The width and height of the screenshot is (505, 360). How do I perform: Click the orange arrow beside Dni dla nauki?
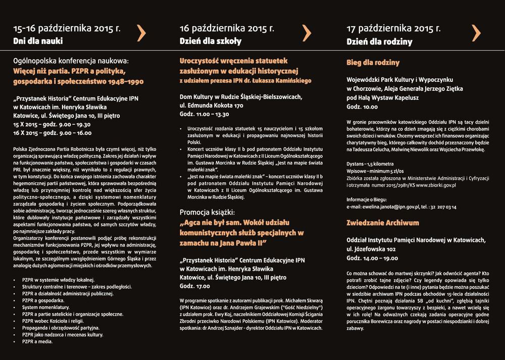141,32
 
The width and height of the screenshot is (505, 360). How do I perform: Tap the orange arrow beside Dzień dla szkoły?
307,32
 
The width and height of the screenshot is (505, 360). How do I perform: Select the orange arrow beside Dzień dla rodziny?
476,32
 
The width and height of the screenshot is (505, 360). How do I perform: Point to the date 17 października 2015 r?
394,28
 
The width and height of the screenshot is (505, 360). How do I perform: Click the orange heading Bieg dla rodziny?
373,63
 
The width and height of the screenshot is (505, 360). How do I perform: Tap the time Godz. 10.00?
362,107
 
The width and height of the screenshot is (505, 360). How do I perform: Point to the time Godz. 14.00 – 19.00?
372,258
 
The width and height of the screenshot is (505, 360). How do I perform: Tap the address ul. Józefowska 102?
371,249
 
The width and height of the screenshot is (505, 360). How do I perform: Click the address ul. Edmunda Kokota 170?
212,106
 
